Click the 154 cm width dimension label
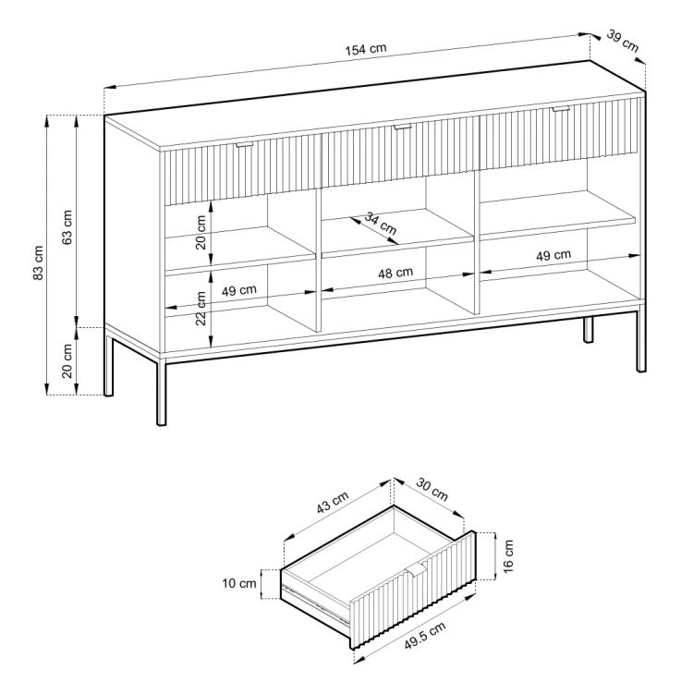[x=366, y=49]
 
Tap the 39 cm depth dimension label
[x=622, y=41]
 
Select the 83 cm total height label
[x=39, y=262]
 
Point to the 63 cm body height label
[x=67, y=227]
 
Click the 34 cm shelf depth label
[x=381, y=224]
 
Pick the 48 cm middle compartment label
[x=395, y=273]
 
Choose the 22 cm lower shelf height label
[x=201, y=308]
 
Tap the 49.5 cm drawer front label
[x=425, y=635]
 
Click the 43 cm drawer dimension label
[x=333, y=503]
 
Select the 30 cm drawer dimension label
[x=432, y=490]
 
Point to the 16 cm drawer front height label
[x=508, y=555]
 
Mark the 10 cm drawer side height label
[x=239, y=583]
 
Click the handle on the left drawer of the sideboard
[x=244, y=144]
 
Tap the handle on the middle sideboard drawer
[x=402, y=127]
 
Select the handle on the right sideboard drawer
[x=561, y=109]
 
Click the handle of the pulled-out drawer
[x=418, y=570]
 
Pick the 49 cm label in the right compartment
[x=553, y=255]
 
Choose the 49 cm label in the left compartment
[x=238, y=290]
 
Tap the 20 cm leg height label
[x=67, y=361]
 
